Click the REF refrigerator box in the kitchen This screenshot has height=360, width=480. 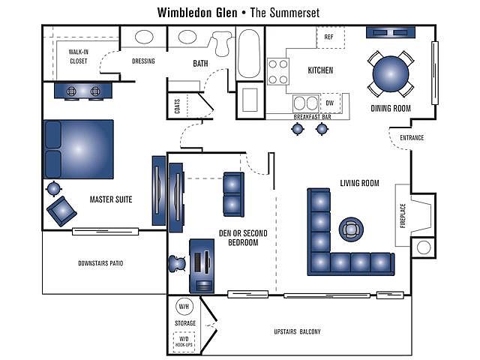pyautogui.click(x=330, y=37)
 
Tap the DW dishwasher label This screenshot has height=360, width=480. pyautogui.click(x=330, y=103)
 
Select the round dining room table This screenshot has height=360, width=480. pyautogui.click(x=391, y=73)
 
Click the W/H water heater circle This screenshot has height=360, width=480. pyautogui.click(x=184, y=307)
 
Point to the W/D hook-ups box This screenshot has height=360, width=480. pyautogui.click(x=184, y=341)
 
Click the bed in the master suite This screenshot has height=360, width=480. pyautogui.click(x=79, y=149)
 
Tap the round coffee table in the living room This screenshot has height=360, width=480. pyautogui.click(x=351, y=229)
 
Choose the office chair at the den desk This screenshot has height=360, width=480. pyautogui.click(x=177, y=263)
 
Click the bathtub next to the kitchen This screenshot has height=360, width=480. pyautogui.click(x=249, y=54)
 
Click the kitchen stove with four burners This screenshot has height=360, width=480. pyautogui.click(x=278, y=72)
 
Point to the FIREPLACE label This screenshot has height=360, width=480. pyautogui.click(x=403, y=216)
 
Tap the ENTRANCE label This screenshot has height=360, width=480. pyautogui.click(x=412, y=138)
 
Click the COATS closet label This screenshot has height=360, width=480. pyautogui.click(x=177, y=106)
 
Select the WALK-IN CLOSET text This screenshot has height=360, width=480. pyautogui.click(x=78, y=57)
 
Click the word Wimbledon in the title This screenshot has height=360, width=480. pyautogui.click(x=197, y=13)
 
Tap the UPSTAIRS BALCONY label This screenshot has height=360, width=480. pyautogui.click(x=297, y=331)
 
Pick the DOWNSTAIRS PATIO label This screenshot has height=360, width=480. pyautogui.click(x=100, y=263)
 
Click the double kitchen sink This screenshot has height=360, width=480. pyautogui.click(x=306, y=103)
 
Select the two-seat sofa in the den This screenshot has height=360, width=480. pyautogui.click(x=233, y=195)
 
